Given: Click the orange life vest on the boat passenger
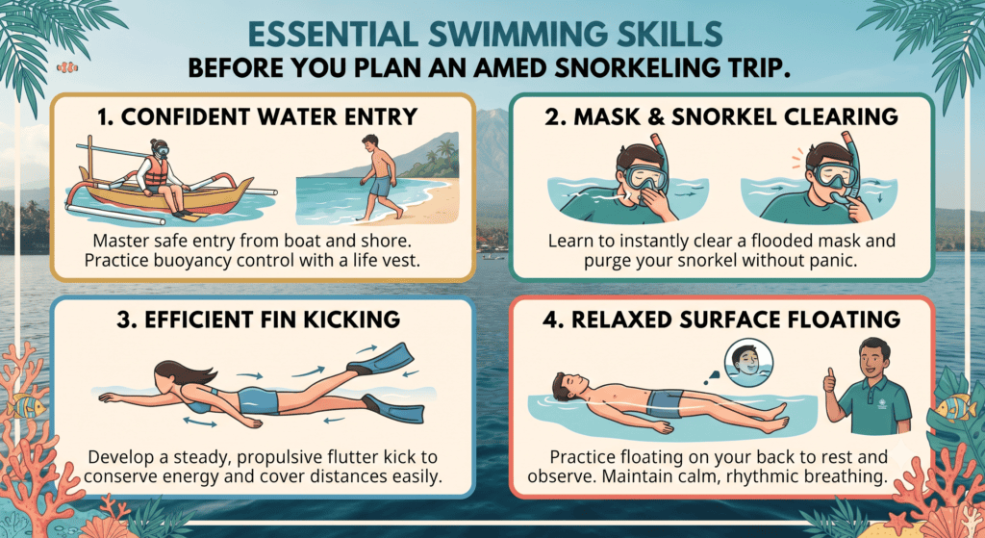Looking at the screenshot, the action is [x=156, y=171].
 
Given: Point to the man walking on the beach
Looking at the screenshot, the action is [x=378, y=177].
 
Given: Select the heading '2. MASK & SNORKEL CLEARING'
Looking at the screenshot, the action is [x=721, y=116].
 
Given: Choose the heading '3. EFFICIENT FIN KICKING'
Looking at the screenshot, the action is [x=258, y=320].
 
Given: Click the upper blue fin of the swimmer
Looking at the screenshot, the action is [x=381, y=358].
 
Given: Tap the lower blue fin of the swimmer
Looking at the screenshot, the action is [x=393, y=408].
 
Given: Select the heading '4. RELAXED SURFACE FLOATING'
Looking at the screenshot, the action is [x=721, y=320].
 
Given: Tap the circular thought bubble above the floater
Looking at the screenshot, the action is [x=748, y=361].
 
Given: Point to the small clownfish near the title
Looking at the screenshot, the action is [x=66, y=66].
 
